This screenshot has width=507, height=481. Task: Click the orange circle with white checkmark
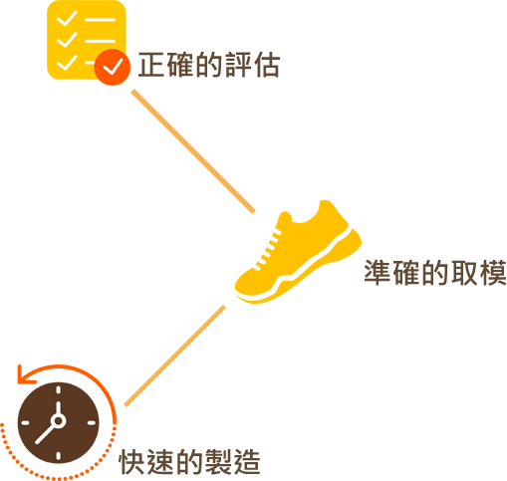[x=113, y=67]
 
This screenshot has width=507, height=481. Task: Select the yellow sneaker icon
[x=298, y=252]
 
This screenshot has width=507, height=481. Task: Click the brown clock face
[x=59, y=422]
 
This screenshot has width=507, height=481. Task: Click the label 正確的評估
[x=209, y=65]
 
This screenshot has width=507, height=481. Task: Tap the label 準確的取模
[x=435, y=272]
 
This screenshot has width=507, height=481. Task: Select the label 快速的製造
[x=189, y=462]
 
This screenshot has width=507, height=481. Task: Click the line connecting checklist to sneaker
[x=193, y=151]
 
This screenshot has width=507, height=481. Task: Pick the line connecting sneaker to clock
[x=174, y=356]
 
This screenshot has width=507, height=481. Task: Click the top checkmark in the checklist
[x=67, y=18]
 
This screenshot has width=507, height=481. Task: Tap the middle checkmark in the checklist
[x=67, y=40]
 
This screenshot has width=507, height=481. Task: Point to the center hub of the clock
[x=59, y=421]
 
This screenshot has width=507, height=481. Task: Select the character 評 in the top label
[x=238, y=65]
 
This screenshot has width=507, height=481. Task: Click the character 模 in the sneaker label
[x=493, y=273]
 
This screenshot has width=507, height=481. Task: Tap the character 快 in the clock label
[x=131, y=462]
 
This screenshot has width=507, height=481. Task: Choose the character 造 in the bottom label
[x=247, y=462]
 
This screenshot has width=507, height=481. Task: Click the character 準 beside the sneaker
[x=378, y=272]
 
